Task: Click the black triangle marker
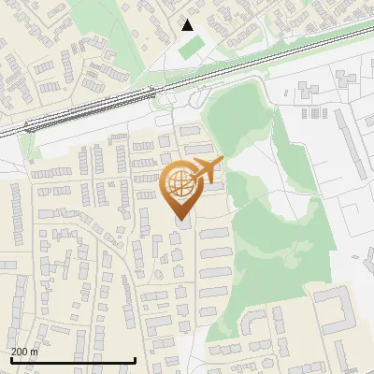187,24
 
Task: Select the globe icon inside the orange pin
179,185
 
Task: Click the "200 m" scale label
24,352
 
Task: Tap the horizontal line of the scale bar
73,359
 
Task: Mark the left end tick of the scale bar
10,359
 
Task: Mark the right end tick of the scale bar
136,359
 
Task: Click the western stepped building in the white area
309,91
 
